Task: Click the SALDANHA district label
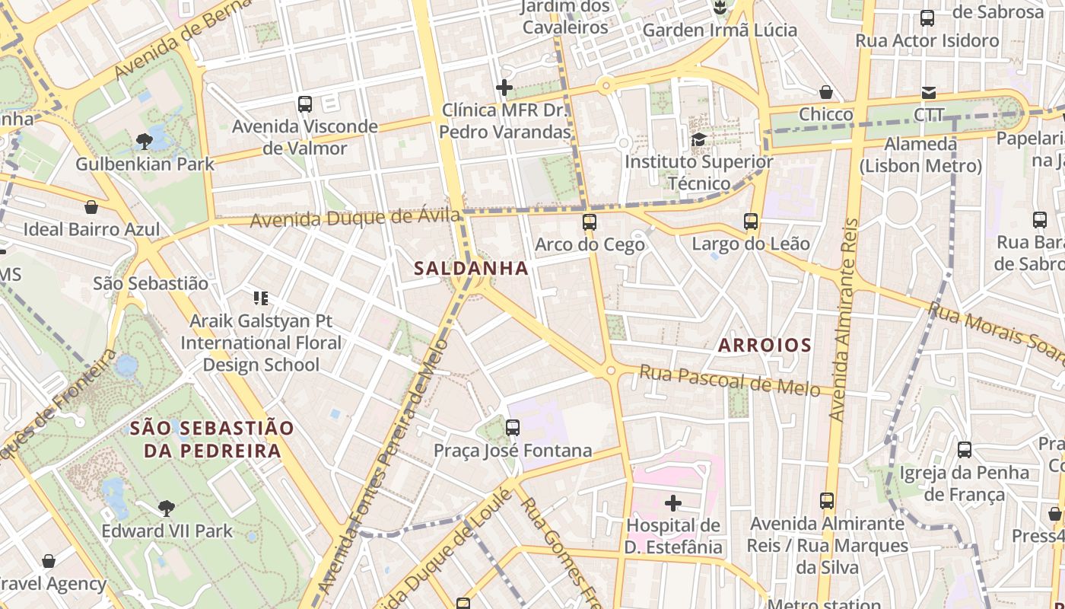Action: click(471, 268)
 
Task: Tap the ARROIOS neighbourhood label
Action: click(765, 345)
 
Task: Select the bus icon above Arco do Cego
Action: click(590, 222)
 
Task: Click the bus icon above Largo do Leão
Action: click(751, 222)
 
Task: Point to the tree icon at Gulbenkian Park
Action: click(144, 141)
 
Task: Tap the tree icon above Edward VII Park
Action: click(166, 508)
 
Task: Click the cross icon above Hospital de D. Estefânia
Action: click(673, 503)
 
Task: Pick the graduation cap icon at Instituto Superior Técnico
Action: click(698, 139)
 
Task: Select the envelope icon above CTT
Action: click(929, 93)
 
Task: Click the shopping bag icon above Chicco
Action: click(826, 92)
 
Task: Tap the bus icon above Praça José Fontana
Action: click(513, 428)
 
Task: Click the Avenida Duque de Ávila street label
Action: click(354, 218)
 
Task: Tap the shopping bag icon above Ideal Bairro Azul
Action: click(91, 207)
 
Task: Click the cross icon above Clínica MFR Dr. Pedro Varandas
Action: click(504, 88)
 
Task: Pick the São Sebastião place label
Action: click(151, 283)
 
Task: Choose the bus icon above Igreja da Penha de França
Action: click(965, 450)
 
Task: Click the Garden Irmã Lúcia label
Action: click(720, 30)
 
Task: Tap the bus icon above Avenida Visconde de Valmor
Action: click(305, 104)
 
